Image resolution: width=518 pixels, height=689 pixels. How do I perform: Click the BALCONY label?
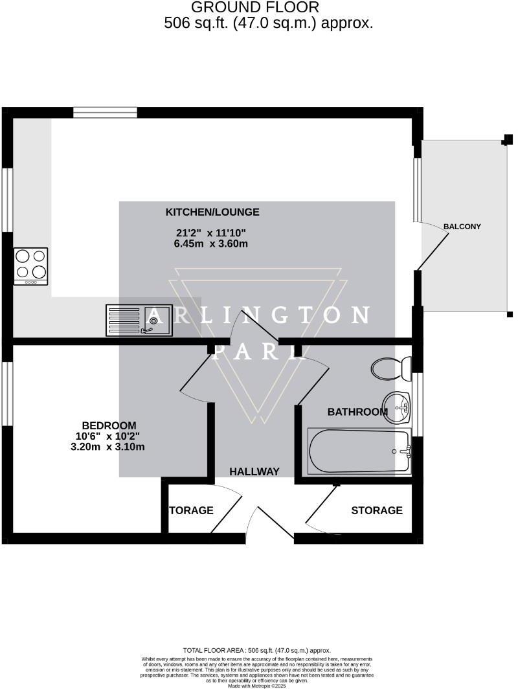(462, 227)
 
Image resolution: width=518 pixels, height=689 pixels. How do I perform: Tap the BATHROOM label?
(357, 412)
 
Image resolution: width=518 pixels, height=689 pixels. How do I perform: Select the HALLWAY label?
(254, 472)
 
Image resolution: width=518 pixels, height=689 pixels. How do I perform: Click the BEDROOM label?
(109, 425)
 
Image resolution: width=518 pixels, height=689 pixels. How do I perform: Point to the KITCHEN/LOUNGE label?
(212, 212)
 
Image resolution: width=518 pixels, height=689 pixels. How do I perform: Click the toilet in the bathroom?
(390, 369)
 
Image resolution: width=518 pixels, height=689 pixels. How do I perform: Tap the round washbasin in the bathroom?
(397, 405)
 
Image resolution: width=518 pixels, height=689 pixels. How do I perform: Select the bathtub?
(359, 451)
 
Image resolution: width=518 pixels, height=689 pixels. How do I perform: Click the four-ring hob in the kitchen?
(31, 266)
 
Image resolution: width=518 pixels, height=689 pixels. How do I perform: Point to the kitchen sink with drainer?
(139, 320)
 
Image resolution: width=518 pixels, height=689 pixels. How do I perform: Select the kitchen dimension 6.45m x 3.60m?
(211, 244)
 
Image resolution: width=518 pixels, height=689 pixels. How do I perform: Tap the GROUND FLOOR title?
(255, 8)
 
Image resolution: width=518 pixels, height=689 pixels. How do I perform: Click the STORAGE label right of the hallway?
(377, 510)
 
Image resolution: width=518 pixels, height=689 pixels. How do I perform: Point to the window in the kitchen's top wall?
(105, 113)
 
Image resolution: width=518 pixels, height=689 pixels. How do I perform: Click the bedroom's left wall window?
(7, 394)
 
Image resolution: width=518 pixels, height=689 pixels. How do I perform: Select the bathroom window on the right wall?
(418, 405)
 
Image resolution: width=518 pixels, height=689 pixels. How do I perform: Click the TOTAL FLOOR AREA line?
(258, 650)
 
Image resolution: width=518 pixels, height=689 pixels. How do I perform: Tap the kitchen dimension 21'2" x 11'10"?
(211, 233)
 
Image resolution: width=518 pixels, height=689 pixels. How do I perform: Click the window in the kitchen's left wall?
(7, 199)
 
